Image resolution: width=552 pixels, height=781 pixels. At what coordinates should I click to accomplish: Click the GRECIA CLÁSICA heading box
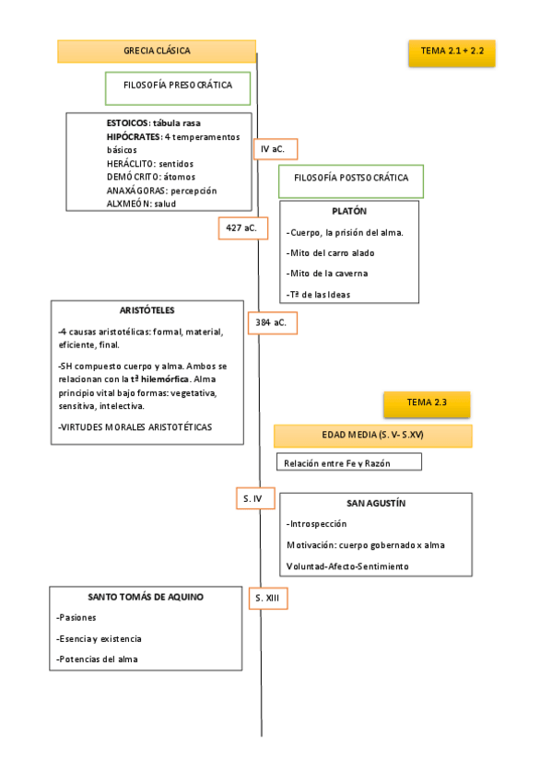(157, 52)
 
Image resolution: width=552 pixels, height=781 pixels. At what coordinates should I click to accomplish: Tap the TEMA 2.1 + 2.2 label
(452, 53)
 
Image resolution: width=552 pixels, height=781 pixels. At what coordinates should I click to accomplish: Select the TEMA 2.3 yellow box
(426, 402)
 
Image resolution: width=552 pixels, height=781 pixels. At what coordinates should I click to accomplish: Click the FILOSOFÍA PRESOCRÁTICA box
(178, 86)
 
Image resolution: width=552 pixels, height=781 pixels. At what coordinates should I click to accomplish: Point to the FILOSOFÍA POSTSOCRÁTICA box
(350, 179)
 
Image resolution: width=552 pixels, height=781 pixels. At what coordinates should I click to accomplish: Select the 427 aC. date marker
(242, 227)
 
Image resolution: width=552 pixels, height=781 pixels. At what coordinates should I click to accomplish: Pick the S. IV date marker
(253, 498)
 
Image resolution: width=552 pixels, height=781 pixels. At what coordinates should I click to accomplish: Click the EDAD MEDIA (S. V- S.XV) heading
(372, 436)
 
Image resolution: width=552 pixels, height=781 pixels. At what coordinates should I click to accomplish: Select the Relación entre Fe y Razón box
(348, 462)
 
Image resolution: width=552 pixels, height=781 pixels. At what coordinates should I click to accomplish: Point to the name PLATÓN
(348, 211)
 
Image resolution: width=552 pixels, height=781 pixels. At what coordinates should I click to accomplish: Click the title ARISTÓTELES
(147, 310)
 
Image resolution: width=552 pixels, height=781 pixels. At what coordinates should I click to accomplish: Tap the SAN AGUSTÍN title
(375, 504)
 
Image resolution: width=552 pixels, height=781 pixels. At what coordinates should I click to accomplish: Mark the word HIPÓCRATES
(133, 136)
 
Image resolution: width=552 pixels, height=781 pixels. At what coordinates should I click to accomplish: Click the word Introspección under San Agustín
(317, 523)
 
